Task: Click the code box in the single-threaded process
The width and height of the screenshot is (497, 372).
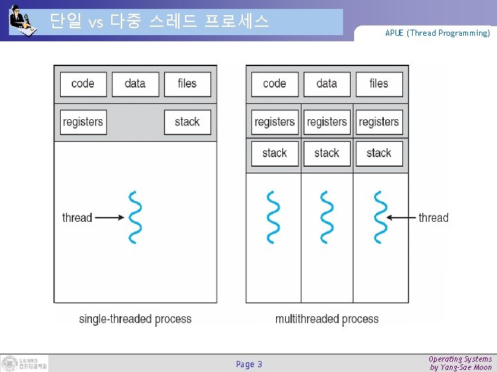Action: point(83,84)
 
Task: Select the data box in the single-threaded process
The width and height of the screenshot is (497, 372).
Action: point(135,84)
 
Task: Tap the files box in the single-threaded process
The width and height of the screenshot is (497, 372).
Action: point(187,84)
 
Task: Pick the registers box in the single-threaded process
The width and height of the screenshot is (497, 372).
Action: point(83,122)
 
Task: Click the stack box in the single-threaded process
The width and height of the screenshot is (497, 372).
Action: point(187,122)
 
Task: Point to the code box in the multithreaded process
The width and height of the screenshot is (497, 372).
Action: point(275,84)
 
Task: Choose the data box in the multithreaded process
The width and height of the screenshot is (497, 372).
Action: point(327,84)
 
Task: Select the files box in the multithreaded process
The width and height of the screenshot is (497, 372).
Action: point(379,84)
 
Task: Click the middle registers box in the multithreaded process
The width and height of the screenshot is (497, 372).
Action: point(327,122)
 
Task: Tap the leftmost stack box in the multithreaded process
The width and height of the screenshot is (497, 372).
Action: point(275,153)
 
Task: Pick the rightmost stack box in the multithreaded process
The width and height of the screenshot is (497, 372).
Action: point(379,153)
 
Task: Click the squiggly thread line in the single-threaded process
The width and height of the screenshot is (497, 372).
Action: point(135,217)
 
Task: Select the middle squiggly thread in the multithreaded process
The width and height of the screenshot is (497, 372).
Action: point(327,217)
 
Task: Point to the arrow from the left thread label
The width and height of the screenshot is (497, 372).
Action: point(109,218)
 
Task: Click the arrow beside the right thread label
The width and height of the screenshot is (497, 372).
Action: point(401,218)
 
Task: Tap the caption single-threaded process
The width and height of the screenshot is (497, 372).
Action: point(135,319)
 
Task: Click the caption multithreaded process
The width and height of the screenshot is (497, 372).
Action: point(327,319)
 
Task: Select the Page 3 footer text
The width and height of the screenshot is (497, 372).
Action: point(249,364)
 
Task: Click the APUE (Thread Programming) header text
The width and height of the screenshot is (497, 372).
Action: point(438,33)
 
